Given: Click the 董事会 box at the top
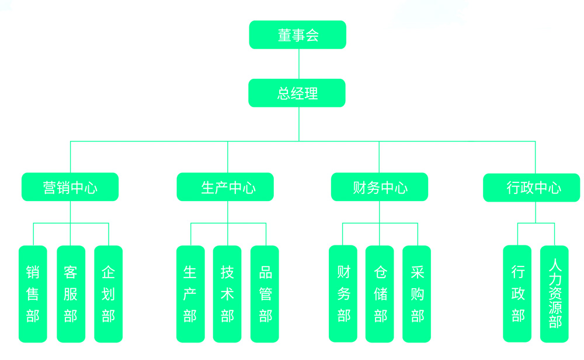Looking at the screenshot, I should pos(297,35).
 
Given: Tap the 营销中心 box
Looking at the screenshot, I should pos(70,188).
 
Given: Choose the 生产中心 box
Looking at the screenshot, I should pos(225,188).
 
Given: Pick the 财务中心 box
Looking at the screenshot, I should pos(380,188).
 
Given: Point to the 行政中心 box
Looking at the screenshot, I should pos(531,188).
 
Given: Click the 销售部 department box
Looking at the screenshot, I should pos(33,294).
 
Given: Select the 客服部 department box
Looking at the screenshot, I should pos(71,294).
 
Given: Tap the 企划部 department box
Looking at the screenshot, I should pos(108,294).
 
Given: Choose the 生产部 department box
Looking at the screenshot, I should pos(190,294).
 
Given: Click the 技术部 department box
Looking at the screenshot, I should pos(227,294).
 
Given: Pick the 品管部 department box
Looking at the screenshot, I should pos(265,294).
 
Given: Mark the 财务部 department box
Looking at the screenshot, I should pos(343,294).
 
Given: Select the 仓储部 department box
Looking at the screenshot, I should pos(380,294).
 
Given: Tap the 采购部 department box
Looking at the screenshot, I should pos(416,294).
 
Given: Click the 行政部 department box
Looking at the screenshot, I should pos(517,294).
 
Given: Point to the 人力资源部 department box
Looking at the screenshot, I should pos(554,294).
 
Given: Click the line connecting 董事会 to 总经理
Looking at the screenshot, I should pos(299,64).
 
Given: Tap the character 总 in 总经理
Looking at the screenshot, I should pos(284,94).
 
